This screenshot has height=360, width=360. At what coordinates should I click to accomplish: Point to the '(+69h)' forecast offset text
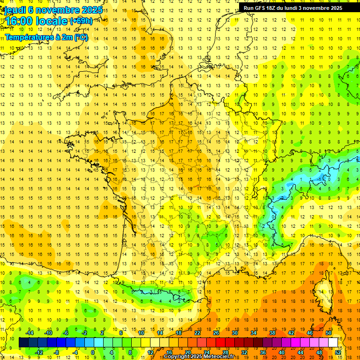81,21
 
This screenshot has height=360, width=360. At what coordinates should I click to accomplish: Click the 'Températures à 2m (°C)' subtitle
46,37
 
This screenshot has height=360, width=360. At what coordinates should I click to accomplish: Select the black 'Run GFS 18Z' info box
299,7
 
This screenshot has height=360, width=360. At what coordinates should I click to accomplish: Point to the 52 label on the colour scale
338,352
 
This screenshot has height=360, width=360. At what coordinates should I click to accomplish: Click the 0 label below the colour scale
93,352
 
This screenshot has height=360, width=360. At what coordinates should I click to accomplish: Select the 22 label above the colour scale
197,333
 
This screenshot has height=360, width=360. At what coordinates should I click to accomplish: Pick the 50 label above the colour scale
329,333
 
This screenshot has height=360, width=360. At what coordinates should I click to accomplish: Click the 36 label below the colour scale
263,352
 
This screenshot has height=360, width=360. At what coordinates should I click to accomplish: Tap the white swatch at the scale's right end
333,343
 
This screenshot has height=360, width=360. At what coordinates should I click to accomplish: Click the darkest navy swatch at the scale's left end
23,343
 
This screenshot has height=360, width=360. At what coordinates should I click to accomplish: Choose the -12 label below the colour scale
39,352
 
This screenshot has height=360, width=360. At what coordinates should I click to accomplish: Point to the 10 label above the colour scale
141,333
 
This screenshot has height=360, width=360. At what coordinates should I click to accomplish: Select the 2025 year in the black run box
335,8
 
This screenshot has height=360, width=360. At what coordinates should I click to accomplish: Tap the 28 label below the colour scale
225,352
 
